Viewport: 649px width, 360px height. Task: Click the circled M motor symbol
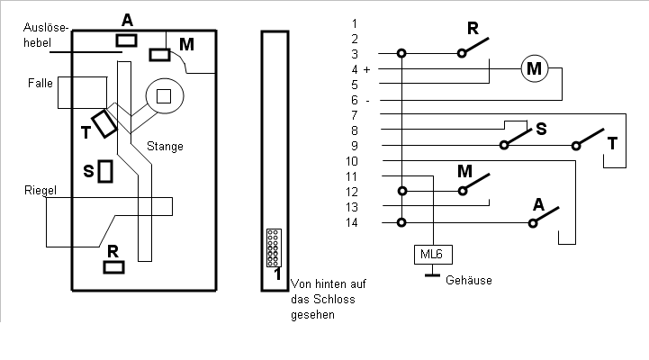click(x=535, y=68)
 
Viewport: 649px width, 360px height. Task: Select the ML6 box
click(x=433, y=255)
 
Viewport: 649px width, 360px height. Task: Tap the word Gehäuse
click(x=469, y=280)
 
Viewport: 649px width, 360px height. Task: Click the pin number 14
click(x=351, y=222)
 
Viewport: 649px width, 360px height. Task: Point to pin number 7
click(x=355, y=115)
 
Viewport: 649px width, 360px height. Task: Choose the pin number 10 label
click(x=351, y=161)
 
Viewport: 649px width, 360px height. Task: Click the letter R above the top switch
click(x=473, y=29)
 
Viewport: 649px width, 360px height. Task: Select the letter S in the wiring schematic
click(x=541, y=129)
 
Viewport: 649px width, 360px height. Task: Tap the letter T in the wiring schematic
click(x=613, y=144)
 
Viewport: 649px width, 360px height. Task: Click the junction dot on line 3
click(x=401, y=53)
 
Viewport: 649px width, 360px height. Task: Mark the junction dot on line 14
click(x=401, y=222)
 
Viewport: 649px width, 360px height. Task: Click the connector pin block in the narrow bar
click(x=274, y=247)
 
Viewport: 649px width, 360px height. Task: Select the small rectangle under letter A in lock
click(x=126, y=40)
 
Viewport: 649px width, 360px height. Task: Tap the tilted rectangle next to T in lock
click(x=104, y=123)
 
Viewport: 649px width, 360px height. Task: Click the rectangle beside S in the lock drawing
click(x=105, y=171)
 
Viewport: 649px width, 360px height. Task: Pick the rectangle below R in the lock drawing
click(x=113, y=267)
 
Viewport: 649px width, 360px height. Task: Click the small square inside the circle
click(x=164, y=96)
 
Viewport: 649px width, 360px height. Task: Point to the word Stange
click(x=165, y=147)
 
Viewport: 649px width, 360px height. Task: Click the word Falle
click(x=41, y=83)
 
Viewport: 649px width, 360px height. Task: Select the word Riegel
click(x=41, y=191)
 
